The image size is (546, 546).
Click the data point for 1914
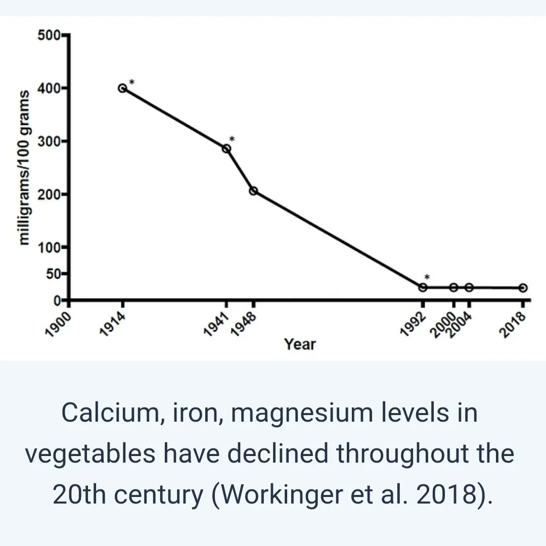(122, 88)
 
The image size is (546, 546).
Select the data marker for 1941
(226, 149)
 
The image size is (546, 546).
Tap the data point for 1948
(253, 191)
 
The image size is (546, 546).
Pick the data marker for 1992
(423, 287)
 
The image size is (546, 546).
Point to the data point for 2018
(523, 288)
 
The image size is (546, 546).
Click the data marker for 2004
(469, 287)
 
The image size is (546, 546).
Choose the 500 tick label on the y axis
(49, 35)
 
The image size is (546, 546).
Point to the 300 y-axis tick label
(49, 141)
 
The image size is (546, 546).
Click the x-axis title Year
(299, 344)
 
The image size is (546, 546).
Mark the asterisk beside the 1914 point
(131, 82)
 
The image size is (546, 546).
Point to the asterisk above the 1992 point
(427, 278)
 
